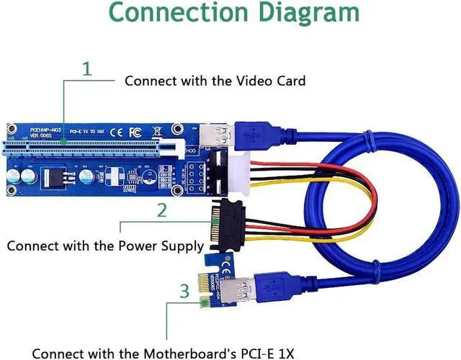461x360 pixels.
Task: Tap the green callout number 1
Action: click(87, 69)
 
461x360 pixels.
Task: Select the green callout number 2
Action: click(162, 210)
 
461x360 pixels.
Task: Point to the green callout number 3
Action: click(184, 292)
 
